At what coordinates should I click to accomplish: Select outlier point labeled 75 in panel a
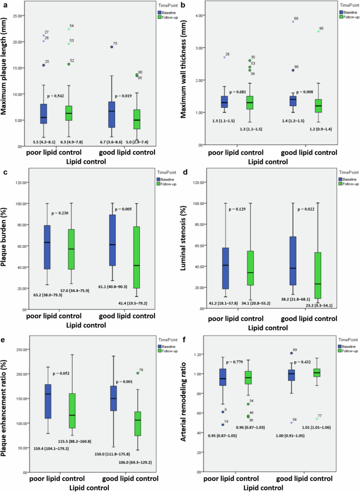point(112,47)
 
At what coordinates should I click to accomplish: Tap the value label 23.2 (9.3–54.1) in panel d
point(317,305)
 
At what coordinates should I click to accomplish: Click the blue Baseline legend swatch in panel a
point(161,11)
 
